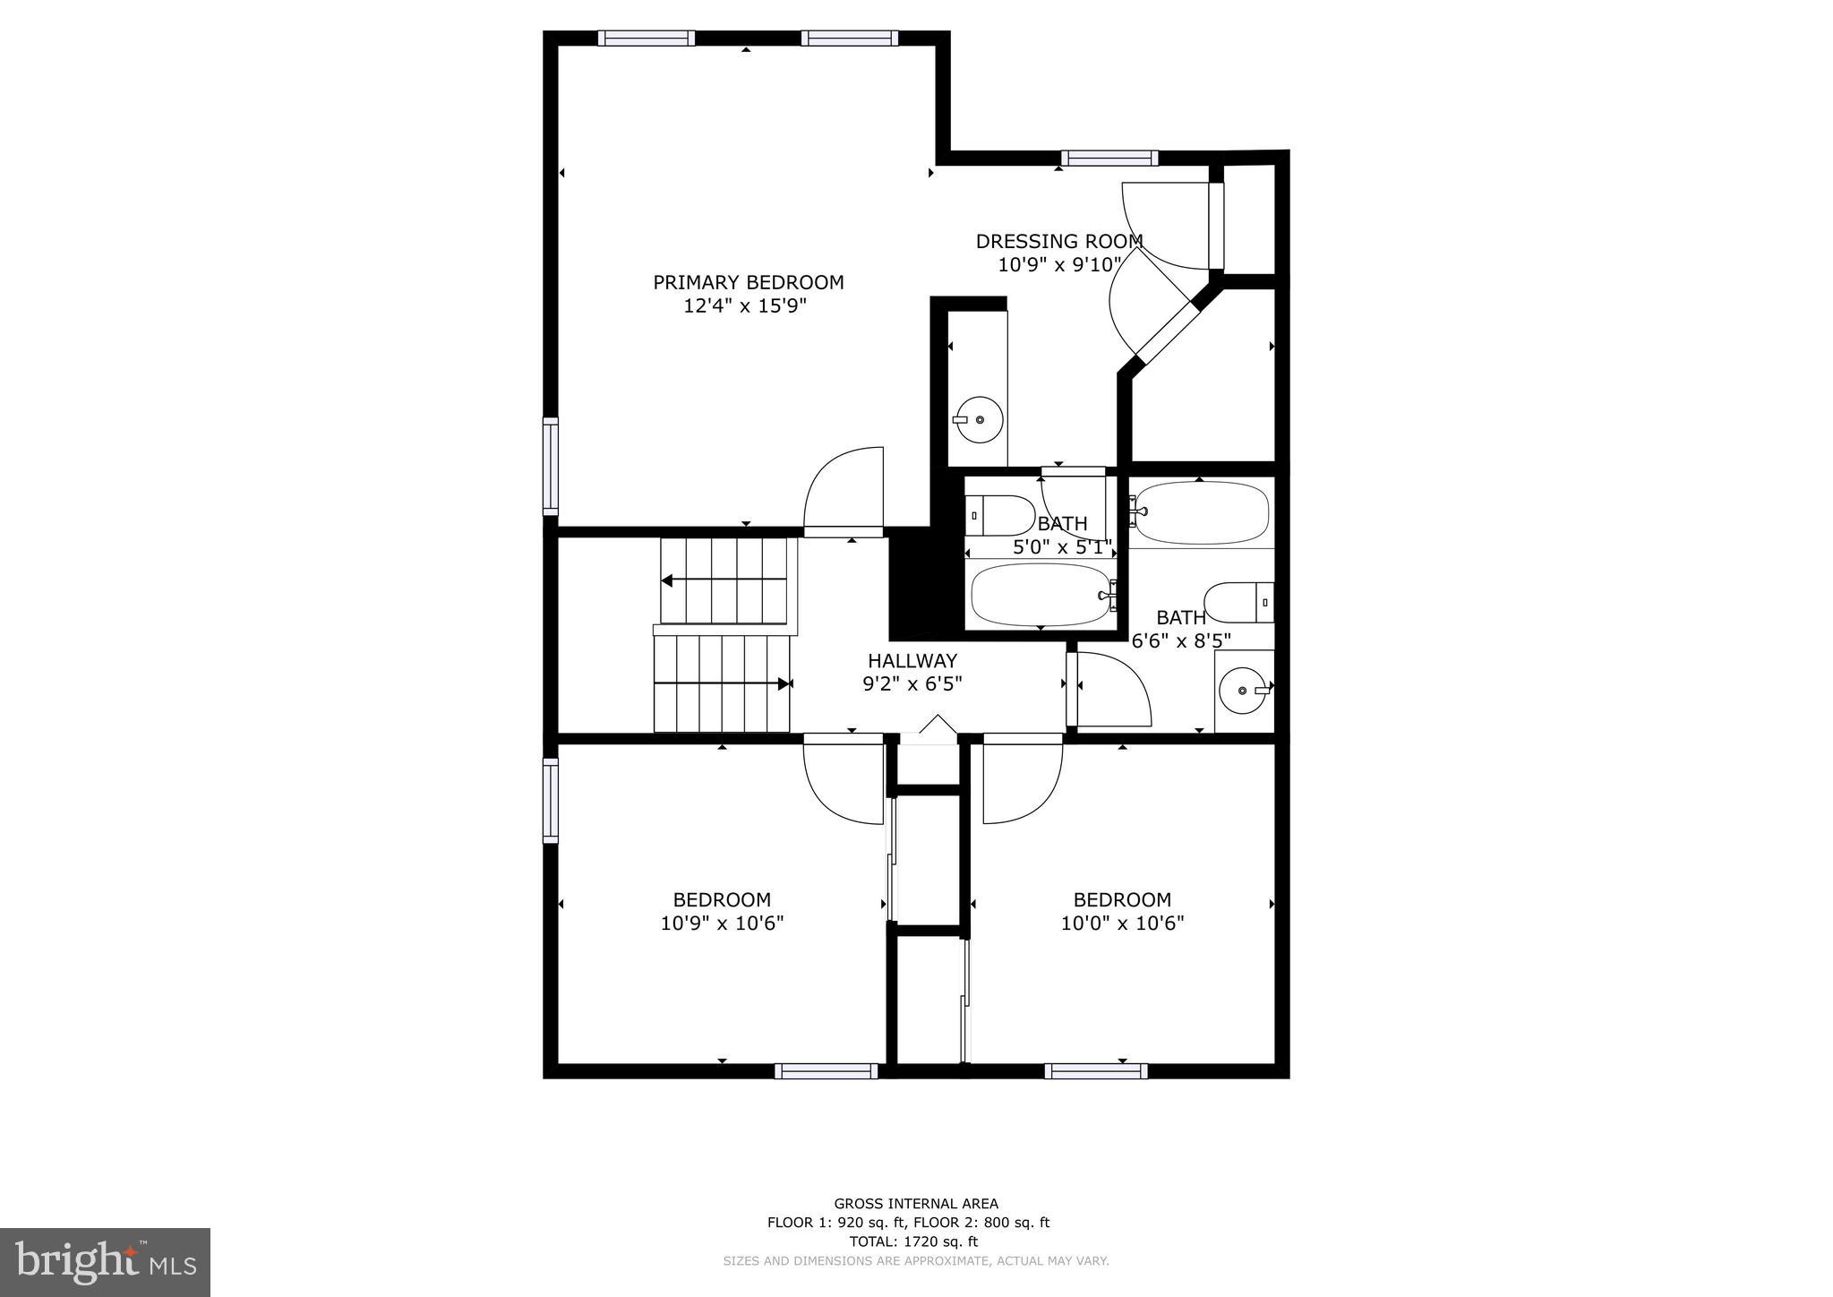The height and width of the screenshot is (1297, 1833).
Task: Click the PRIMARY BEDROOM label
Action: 748,283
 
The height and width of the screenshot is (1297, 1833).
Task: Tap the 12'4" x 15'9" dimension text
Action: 745,306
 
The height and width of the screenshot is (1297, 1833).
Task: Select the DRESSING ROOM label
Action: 1058,242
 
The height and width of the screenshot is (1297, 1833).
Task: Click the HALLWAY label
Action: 912,661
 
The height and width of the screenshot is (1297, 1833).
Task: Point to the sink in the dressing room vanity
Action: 978,419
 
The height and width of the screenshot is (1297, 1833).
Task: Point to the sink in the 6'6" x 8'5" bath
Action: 1244,691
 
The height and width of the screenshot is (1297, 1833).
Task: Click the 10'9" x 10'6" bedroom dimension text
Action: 722,923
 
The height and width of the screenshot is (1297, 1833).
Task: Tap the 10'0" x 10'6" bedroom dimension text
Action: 1122,923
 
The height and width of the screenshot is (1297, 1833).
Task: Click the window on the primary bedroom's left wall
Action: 551,467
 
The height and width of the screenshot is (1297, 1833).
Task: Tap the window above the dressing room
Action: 1109,159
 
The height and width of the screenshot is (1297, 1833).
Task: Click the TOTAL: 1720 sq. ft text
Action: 913,1241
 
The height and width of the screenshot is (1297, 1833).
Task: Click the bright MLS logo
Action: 105,1263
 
